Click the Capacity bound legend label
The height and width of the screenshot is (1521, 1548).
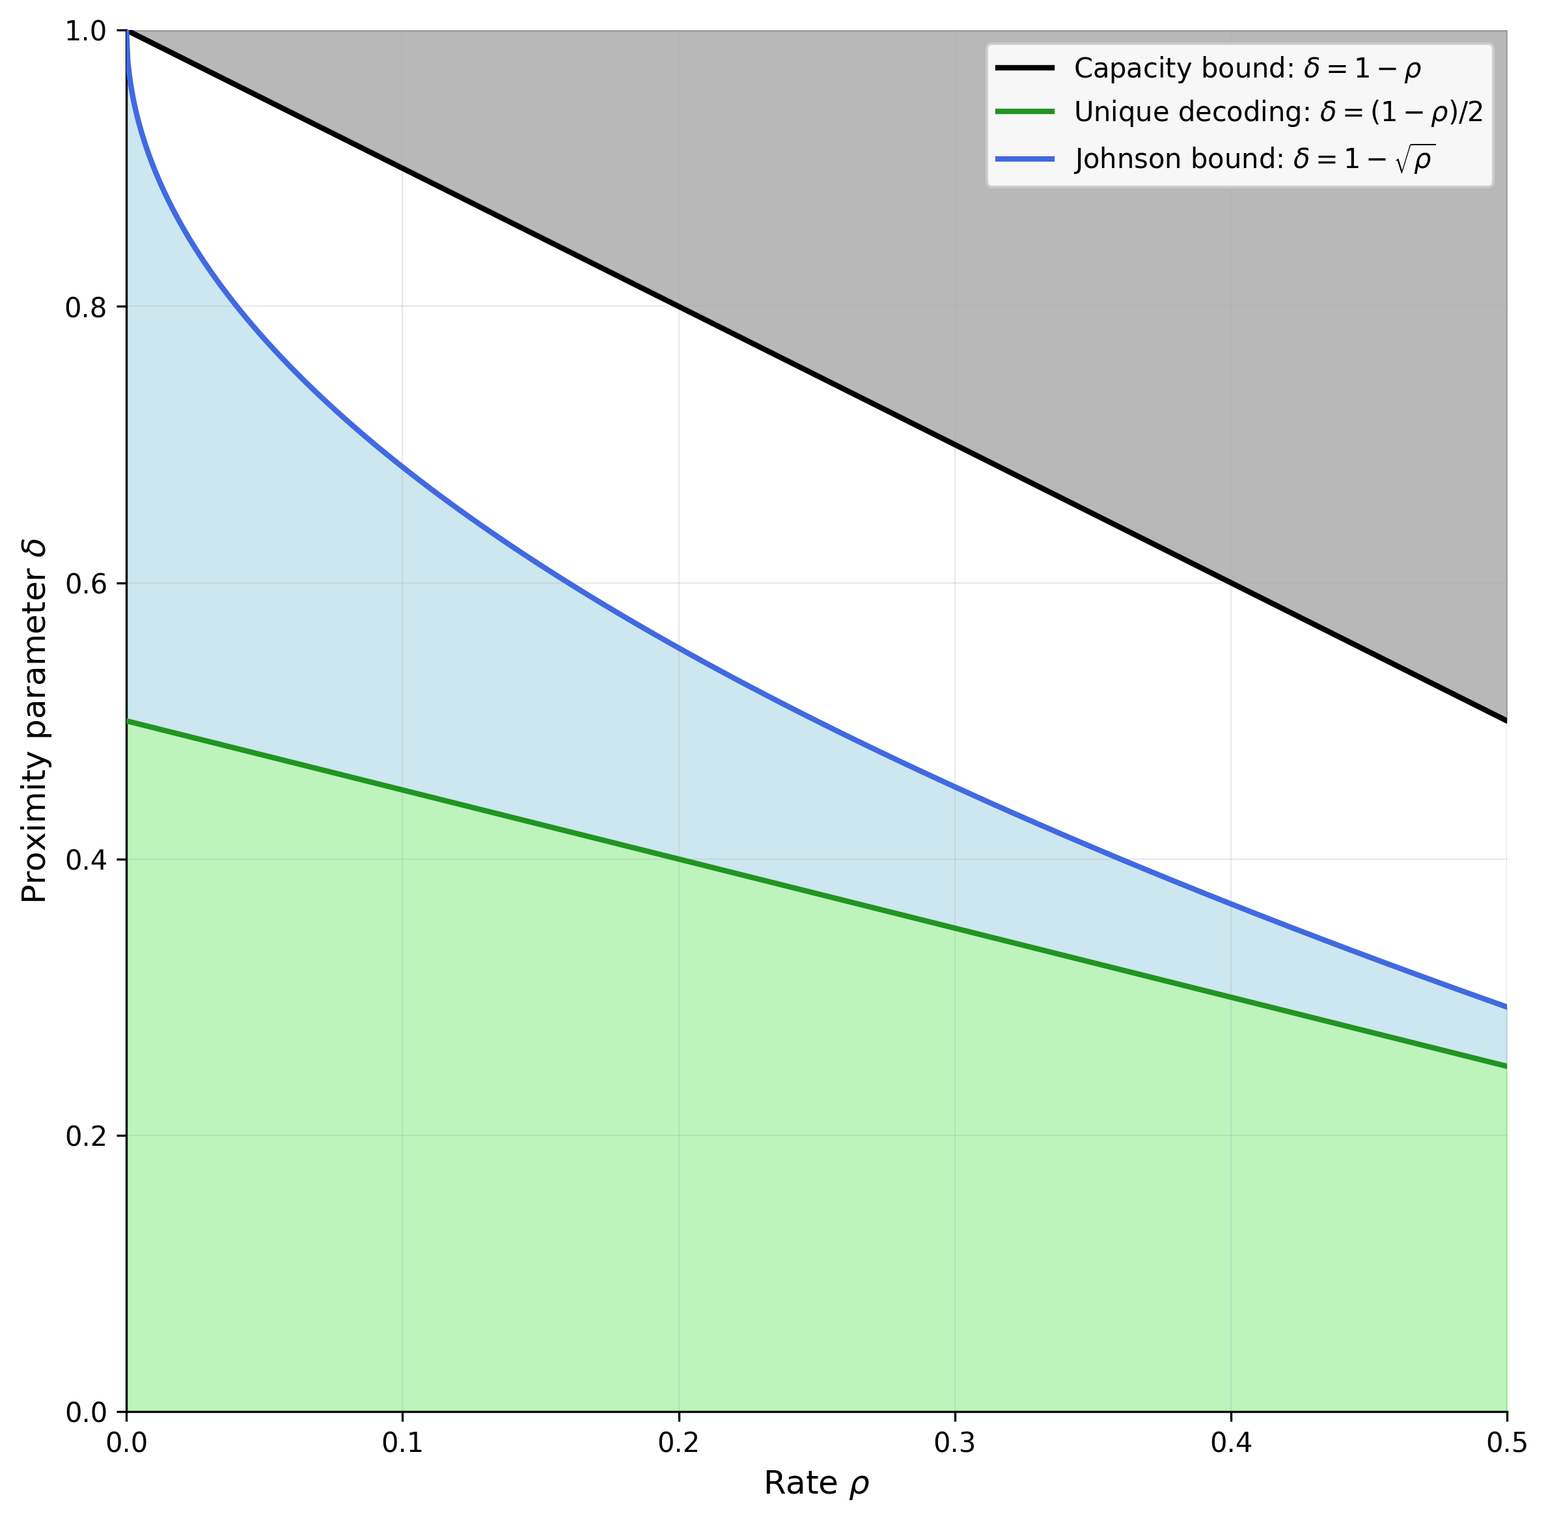click(1247, 68)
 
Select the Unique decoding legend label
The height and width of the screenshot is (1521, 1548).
click(1278, 113)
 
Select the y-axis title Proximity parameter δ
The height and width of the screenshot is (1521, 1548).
click(35, 721)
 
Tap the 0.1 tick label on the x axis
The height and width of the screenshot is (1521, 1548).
click(402, 1442)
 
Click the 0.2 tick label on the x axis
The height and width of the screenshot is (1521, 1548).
click(678, 1442)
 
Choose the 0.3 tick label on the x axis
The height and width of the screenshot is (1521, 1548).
click(955, 1442)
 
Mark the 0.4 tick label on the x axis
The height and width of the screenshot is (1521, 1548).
click(1231, 1442)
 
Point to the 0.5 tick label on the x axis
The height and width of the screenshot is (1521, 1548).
click(1506, 1442)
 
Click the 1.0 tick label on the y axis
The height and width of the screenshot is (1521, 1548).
click(85, 31)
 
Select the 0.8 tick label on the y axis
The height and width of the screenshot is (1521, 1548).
click(85, 307)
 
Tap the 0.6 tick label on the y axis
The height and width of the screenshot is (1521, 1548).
click(85, 584)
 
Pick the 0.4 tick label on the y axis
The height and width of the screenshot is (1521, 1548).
click(85, 860)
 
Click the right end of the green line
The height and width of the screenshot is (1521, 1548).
click(1506, 1066)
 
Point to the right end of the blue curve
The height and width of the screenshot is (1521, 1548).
click(1506, 1007)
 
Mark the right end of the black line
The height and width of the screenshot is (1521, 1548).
click(1506, 721)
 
